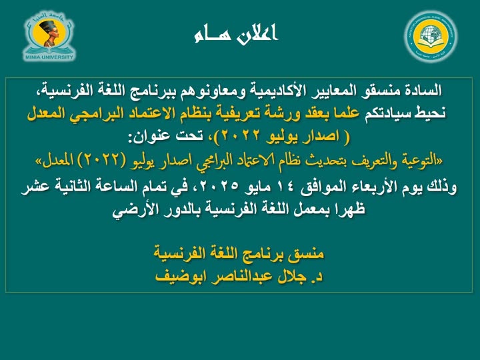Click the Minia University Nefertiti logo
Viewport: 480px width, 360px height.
coord(49,36)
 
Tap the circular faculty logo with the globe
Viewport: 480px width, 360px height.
coord(431,36)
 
